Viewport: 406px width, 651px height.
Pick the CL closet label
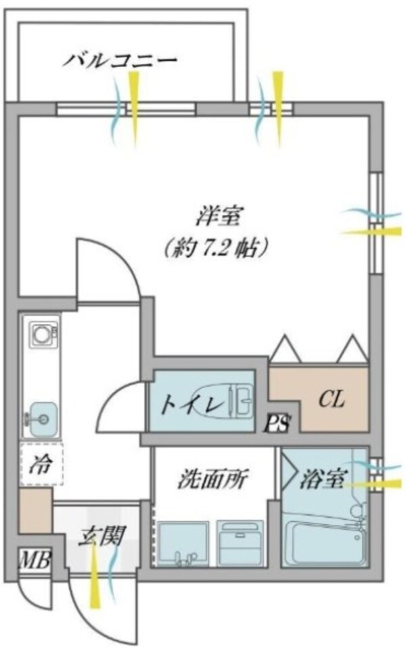click(x=332, y=400)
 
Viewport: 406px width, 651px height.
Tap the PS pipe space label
click(x=278, y=424)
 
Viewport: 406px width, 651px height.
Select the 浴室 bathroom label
click(x=319, y=479)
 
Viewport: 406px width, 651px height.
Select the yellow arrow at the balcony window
click(x=134, y=108)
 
